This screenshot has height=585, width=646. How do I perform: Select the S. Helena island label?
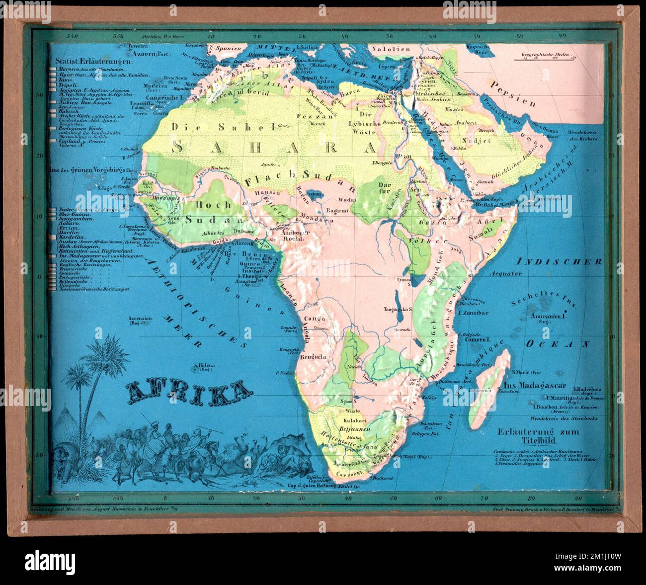coord(207,366)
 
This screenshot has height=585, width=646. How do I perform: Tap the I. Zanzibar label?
coord(475,313)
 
